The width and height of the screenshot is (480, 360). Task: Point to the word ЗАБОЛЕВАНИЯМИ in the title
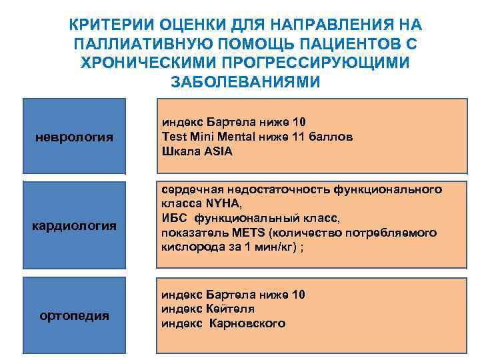pos(246,82)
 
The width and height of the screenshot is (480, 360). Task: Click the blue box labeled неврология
pos(73,137)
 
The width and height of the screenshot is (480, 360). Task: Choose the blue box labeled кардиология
pos(75,226)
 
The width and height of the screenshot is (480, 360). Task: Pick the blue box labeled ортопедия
pos(75,315)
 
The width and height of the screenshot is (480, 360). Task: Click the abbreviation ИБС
pos(173,218)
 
